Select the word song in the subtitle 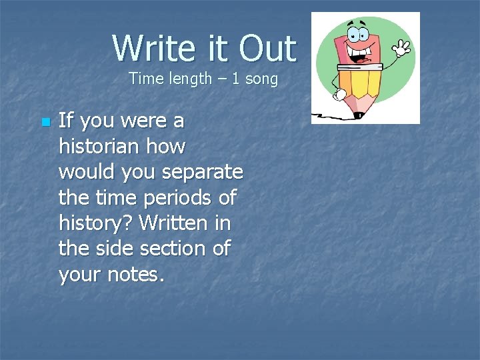tap(261, 79)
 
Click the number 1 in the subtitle tap(236, 79)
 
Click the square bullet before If tap(45, 123)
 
